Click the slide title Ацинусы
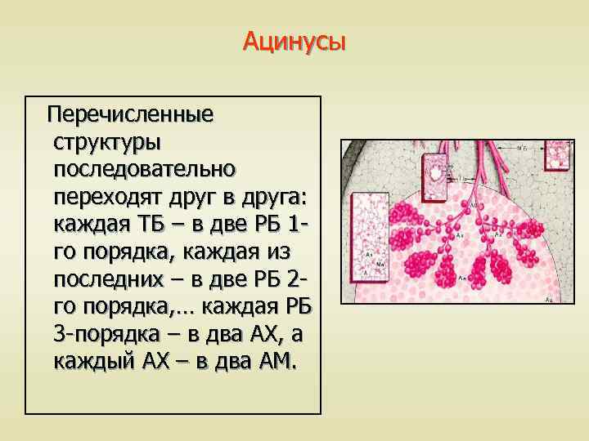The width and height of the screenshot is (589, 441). click(x=294, y=41)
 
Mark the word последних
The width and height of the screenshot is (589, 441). click(x=115, y=279)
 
